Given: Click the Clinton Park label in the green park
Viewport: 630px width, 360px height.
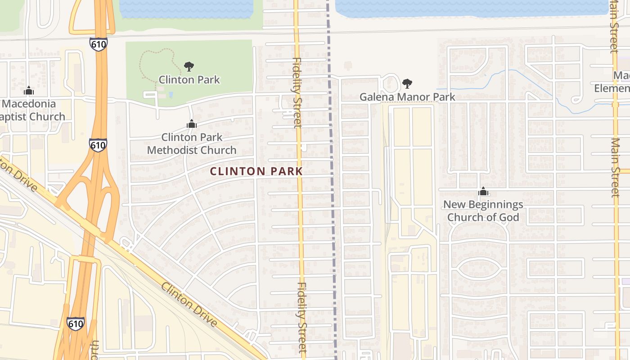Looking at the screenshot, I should pyautogui.click(x=189, y=80).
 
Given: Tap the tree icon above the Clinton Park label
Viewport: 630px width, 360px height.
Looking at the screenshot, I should pyautogui.click(x=189, y=67).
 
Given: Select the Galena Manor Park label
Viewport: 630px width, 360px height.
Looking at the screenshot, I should pyautogui.click(x=407, y=97).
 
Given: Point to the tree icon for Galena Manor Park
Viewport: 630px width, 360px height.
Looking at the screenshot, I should pyautogui.click(x=407, y=83).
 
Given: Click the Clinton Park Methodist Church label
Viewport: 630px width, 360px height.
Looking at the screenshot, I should pyautogui.click(x=192, y=143).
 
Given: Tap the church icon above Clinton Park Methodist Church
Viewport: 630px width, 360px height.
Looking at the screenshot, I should pyautogui.click(x=192, y=124).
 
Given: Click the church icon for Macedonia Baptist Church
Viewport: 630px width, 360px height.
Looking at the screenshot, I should pyautogui.click(x=29, y=91).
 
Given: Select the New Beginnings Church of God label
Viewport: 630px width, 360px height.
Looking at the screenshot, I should pyautogui.click(x=483, y=211).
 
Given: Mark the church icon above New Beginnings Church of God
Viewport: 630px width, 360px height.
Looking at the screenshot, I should pyautogui.click(x=483, y=192).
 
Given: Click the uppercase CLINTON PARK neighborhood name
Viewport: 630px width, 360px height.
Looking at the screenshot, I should pyautogui.click(x=256, y=171).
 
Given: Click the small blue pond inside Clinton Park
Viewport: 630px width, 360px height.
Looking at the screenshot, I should pyautogui.click(x=171, y=94).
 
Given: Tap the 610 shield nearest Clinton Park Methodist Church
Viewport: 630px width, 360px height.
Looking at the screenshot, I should pyautogui.click(x=98, y=145).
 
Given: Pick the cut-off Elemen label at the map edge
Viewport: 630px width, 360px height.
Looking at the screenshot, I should pyautogui.click(x=612, y=88).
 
